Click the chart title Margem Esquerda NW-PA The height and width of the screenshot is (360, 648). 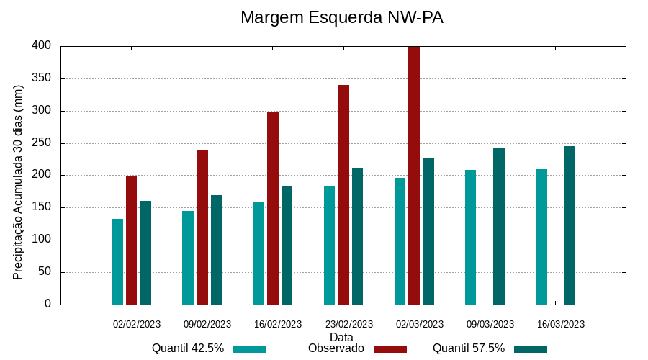(x=341, y=17)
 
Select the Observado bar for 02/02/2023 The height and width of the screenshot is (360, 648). (x=131, y=240)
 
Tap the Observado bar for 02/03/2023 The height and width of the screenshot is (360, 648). (x=414, y=175)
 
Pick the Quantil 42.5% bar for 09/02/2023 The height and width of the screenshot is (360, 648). (x=188, y=258)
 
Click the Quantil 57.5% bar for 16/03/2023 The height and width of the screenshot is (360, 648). (x=570, y=225)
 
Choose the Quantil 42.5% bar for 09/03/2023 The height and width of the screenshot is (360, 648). (x=470, y=238)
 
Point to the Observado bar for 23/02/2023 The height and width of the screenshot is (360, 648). (x=343, y=195)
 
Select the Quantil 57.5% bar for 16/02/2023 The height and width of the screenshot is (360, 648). (x=287, y=246)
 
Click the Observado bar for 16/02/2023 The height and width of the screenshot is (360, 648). (x=273, y=209)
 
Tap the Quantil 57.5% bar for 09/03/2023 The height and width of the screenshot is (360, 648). (x=499, y=226)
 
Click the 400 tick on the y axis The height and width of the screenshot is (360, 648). (x=42, y=46)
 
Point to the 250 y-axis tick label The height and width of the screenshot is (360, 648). (x=42, y=143)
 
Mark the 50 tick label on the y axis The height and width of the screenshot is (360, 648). (x=45, y=272)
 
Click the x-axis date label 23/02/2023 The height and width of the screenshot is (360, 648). (x=349, y=324)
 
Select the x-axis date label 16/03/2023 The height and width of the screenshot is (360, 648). (x=561, y=324)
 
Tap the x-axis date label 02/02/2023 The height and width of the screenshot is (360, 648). (x=137, y=324)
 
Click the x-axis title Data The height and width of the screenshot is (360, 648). (x=341, y=337)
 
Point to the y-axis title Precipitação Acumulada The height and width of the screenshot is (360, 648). (x=19, y=182)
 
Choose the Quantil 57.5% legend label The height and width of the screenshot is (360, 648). (x=469, y=348)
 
